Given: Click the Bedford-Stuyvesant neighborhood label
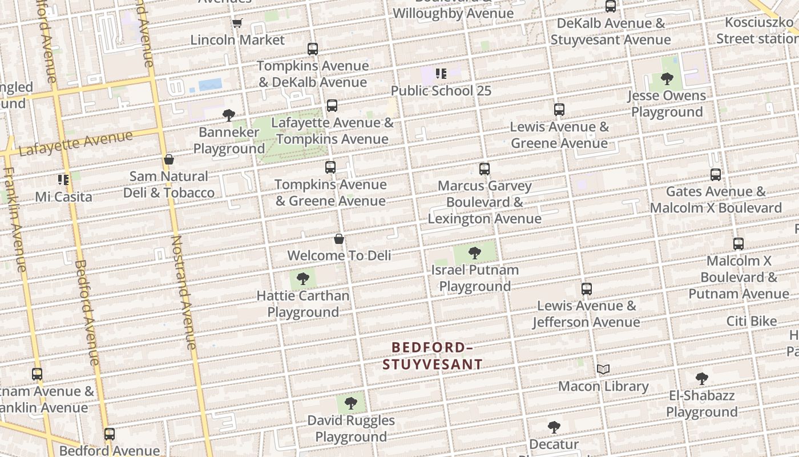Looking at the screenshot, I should coord(432,355).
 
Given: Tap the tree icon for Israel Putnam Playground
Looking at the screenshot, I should coord(474,253).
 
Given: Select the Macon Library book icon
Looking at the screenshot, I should coord(603,370).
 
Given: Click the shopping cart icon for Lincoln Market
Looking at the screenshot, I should coord(237,23).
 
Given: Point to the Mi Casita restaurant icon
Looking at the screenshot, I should coord(63,180).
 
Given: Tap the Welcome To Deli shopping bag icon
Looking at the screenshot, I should coord(339,239).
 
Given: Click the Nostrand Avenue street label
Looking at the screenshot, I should coord(184,291).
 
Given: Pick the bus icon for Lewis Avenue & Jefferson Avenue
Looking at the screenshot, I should coord(586,289).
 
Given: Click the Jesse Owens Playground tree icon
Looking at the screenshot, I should coord(667,79).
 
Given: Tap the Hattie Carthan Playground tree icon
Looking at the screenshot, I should coord(302,279).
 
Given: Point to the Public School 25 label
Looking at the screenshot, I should coord(441,91).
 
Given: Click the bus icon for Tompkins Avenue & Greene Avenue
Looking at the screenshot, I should coord(330,167).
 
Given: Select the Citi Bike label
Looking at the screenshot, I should coord(751,321).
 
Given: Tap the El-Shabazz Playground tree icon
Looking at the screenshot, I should coord(702,378).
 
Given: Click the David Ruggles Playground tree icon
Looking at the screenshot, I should coord(351,403).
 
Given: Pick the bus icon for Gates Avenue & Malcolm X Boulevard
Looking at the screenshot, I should coord(716,175).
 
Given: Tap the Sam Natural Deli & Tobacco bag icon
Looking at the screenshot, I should coord(169,159).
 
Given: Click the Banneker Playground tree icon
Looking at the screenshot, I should coord(229,115).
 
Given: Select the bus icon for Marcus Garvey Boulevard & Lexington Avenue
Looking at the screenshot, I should coord(485,169).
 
